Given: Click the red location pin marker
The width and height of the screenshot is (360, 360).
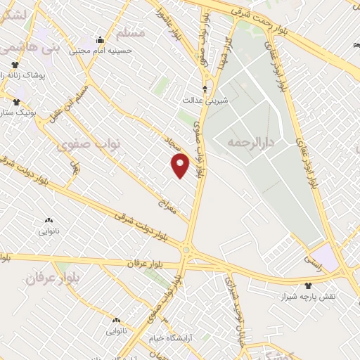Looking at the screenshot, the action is (x=181, y=166).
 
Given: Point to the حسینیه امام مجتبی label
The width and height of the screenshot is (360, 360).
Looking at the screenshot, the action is (x=101, y=51).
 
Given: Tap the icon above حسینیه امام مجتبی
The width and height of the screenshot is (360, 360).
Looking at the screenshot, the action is (x=101, y=39).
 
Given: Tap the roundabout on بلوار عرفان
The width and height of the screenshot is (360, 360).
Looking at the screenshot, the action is (x=187, y=249).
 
